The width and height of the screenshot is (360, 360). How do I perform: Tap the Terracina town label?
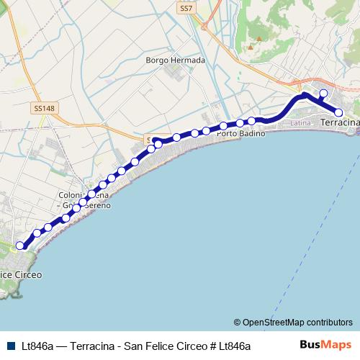pos(339,124)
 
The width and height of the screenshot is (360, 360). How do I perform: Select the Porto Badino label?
pos(241,134)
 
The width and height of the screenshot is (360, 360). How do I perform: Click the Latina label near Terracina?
pos(301,124)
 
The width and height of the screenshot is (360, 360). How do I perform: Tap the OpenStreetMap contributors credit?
pos(297,322)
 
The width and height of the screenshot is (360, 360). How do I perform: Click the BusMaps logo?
pos(325,346)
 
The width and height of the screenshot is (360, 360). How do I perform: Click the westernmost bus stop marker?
pos(20,246)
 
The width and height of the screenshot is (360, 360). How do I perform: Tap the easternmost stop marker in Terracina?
pos(338,112)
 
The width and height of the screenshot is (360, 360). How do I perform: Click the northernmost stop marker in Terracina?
pos(323,93)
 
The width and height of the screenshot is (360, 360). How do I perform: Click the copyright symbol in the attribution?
pos(238,322)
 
